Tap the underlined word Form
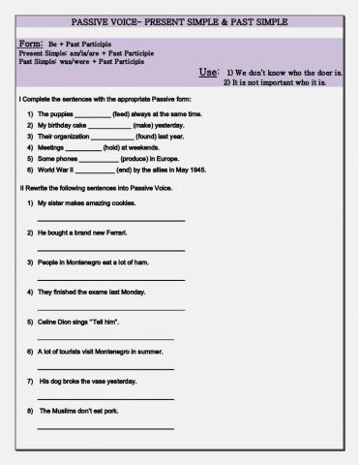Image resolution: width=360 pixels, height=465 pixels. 31,44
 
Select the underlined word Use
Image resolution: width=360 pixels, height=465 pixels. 209,73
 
